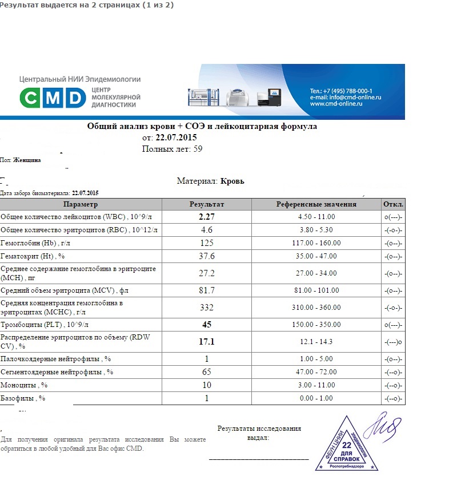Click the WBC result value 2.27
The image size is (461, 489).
pyautogui.click(x=207, y=217)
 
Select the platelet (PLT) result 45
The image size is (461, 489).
pyautogui.click(x=207, y=325)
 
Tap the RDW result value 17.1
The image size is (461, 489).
pyautogui.click(x=207, y=341)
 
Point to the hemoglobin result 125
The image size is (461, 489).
pyautogui.click(x=207, y=243)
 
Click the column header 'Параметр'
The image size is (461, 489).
pyautogui.click(x=81, y=204)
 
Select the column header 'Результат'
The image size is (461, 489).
pyautogui.click(x=207, y=204)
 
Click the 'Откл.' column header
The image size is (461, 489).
pyautogui.click(x=393, y=204)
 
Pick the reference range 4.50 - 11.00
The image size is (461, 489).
pyautogui.click(x=316, y=217)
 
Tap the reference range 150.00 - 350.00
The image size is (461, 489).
pyautogui.click(x=316, y=325)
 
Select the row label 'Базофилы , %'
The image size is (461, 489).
pyautogui.click(x=23, y=398)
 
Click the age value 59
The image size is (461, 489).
pyautogui.click(x=198, y=149)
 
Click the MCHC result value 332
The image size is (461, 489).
pyautogui.click(x=207, y=308)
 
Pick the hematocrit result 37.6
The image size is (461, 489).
pyautogui.click(x=207, y=256)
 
